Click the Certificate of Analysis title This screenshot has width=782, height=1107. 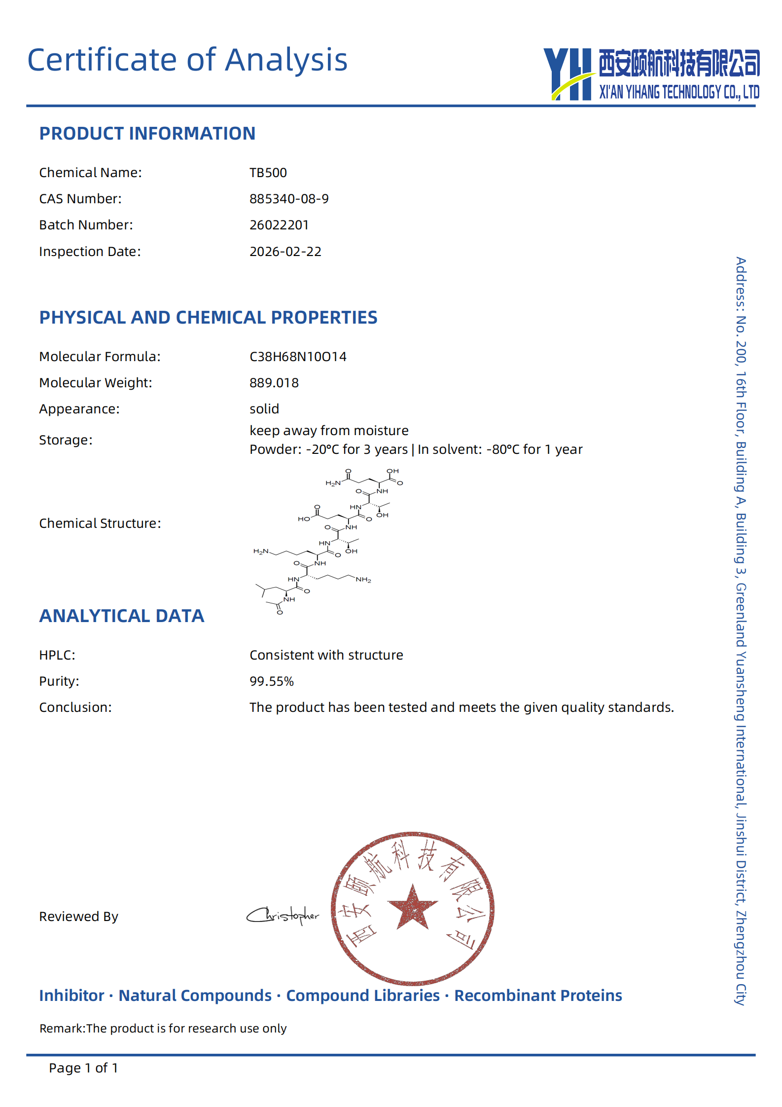187,60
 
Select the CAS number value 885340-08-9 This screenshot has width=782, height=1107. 289,199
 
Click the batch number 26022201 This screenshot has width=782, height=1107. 279,225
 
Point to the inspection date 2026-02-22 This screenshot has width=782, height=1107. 285,252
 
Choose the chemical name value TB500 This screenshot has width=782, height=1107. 268,173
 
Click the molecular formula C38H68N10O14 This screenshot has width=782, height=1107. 298,357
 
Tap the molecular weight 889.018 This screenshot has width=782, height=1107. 274,383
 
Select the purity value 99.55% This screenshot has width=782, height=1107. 272,681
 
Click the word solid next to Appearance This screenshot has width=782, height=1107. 264,409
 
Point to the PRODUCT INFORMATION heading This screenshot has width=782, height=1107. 147,134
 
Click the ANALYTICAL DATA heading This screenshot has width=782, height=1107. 122,616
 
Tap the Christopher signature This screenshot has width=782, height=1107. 283,916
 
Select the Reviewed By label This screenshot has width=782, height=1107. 79,917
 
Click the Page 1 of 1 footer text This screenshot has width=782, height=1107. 83,1068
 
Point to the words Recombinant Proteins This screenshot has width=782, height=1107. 538,996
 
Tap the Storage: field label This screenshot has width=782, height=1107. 66,440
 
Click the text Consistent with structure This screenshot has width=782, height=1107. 326,655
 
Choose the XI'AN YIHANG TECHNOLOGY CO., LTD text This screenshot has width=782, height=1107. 679,92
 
